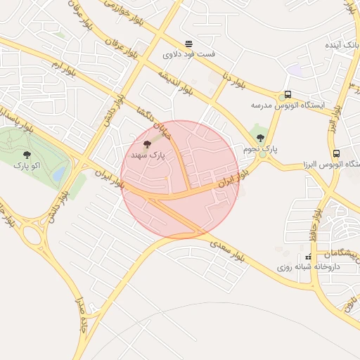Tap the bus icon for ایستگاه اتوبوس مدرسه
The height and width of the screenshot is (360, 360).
[x=287, y=95]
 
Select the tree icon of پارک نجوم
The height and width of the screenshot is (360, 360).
[x=260, y=138]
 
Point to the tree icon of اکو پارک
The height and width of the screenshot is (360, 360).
[x=27, y=154]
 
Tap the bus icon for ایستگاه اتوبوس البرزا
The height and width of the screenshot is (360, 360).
[x=337, y=153]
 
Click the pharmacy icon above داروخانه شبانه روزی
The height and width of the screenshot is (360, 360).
[x=308, y=257]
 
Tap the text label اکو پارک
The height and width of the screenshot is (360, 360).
[x=27, y=166]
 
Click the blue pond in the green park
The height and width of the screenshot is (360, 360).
[x=59, y=172]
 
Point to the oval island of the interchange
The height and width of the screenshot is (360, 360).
[x=33, y=233]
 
